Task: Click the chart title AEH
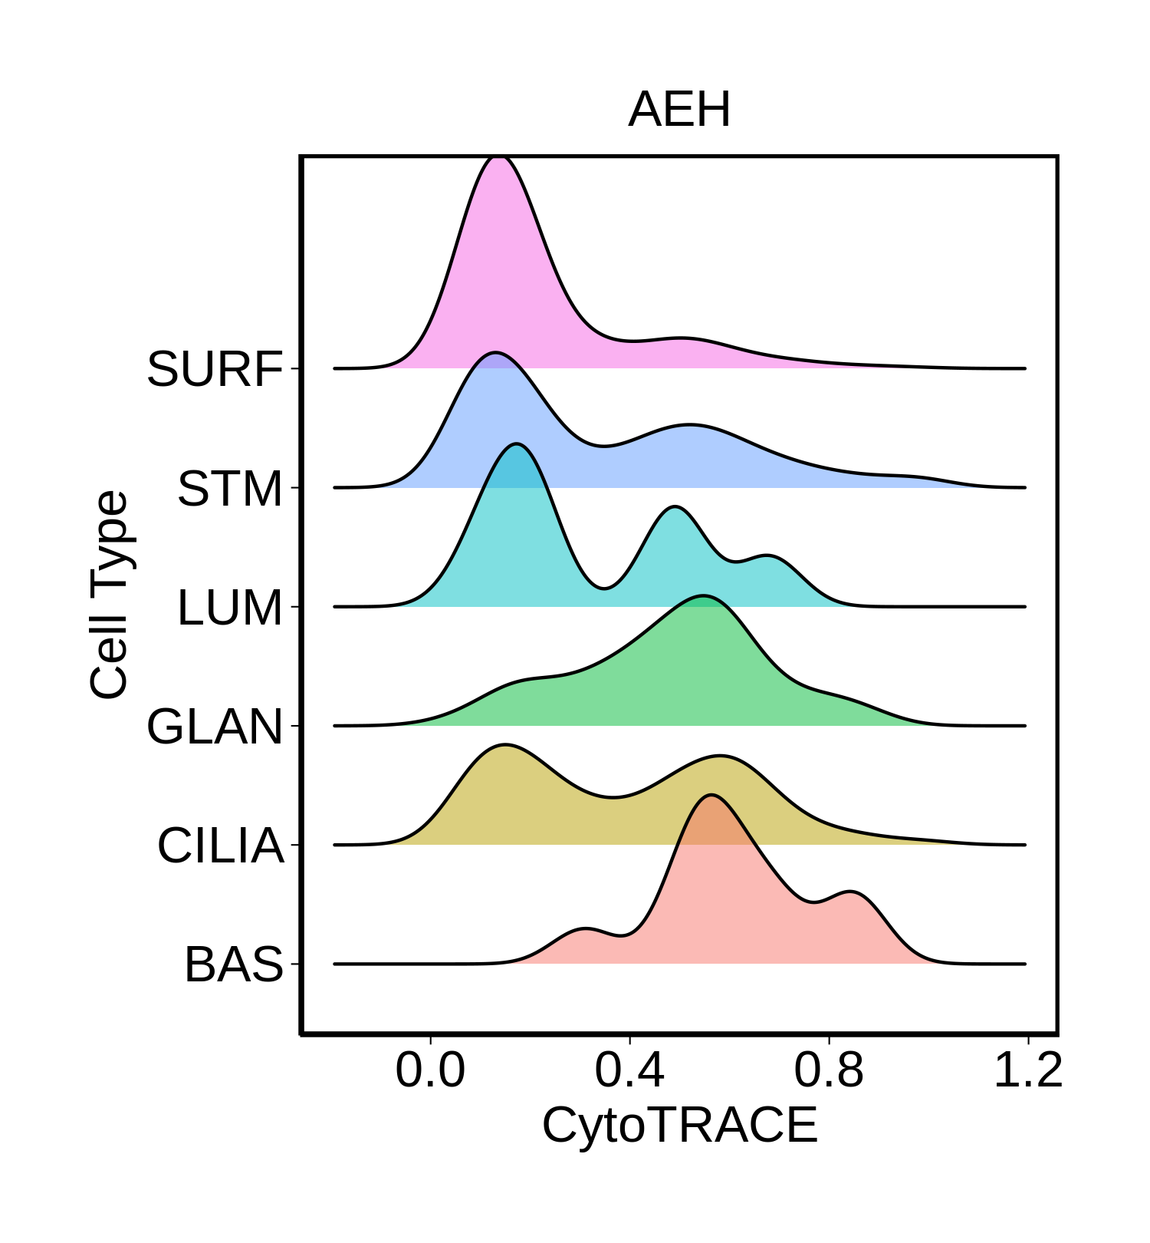pyautogui.click(x=679, y=110)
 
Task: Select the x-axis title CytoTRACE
pyautogui.click(x=679, y=1126)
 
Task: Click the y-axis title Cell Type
pyautogui.click(x=110, y=595)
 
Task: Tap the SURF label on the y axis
pyautogui.click(x=215, y=370)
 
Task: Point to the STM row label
pyautogui.click(x=230, y=489)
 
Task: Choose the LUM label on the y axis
pyautogui.click(x=230, y=608)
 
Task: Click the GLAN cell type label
pyautogui.click(x=215, y=727)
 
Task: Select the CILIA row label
pyautogui.click(x=221, y=846)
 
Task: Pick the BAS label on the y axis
pyautogui.click(x=234, y=965)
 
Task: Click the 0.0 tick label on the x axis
pyautogui.click(x=430, y=1070)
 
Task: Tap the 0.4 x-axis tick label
pyautogui.click(x=629, y=1070)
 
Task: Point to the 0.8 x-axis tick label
pyautogui.click(x=829, y=1070)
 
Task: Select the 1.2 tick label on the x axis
pyautogui.click(x=1027, y=1070)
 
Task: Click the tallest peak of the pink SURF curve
pyautogui.click(x=499, y=157)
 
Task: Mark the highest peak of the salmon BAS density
pyautogui.click(x=712, y=796)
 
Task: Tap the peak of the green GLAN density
pyautogui.click(x=701, y=595)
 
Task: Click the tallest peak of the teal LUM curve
pyautogui.click(x=517, y=444)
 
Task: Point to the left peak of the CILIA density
pyautogui.click(x=504, y=745)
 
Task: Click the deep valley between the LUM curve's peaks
pyautogui.click(x=604, y=589)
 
